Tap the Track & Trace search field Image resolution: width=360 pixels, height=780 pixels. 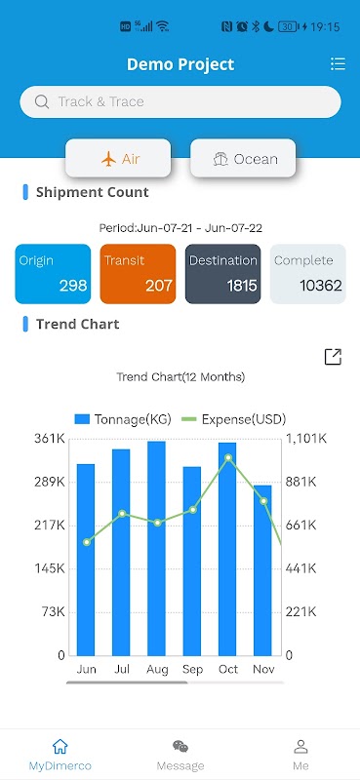click(180, 102)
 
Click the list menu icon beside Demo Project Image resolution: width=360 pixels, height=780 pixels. click(338, 63)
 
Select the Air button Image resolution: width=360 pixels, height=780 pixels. click(118, 159)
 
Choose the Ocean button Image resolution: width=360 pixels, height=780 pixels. click(243, 159)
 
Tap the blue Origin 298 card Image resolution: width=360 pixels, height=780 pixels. click(53, 274)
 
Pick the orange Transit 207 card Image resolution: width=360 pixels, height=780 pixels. click(138, 274)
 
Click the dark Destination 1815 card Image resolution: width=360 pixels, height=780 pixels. click(223, 274)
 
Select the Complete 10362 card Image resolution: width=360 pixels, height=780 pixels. click(307, 274)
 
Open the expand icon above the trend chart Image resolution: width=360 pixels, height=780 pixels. click(333, 357)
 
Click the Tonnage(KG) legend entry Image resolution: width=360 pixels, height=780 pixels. click(123, 419)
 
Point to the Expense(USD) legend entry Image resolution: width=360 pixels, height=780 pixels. click(233, 419)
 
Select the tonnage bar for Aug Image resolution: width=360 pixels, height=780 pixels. click(156, 548)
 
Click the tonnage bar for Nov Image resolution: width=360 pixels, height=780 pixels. click(262, 570)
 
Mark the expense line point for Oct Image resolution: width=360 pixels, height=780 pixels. click(228, 457)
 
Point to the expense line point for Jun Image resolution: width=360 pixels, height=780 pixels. click(87, 542)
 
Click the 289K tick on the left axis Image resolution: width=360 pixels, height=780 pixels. click(50, 482)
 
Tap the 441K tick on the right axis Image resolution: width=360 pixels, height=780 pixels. click(301, 568)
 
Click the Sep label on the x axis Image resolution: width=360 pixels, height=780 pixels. click(193, 670)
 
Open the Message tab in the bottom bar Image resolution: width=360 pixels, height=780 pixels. click(180, 755)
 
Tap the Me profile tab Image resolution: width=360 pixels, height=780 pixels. click(300, 755)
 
